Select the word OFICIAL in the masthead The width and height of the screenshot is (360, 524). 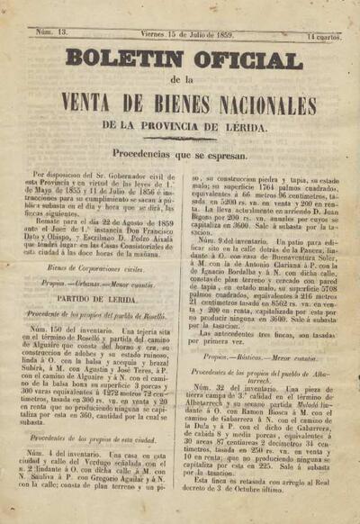(x=251, y=60)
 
